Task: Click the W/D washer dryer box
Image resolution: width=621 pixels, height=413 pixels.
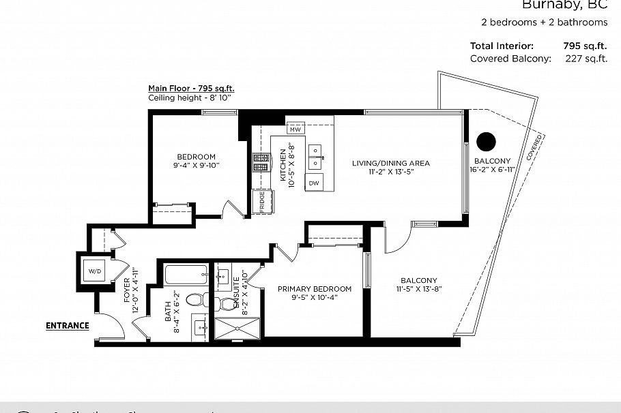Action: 93,272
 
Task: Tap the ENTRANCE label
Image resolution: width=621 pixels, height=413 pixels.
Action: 68,326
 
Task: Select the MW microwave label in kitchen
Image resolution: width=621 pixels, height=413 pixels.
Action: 295,129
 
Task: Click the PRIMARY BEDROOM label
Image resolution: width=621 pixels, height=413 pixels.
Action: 315,289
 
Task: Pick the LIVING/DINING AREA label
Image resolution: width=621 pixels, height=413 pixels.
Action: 390,163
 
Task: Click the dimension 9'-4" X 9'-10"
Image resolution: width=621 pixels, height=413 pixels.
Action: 197,166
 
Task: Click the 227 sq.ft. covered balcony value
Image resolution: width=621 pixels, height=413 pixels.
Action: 586,59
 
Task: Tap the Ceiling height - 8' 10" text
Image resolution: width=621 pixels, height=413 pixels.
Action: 190,98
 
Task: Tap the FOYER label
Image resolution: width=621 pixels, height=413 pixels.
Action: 127,290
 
